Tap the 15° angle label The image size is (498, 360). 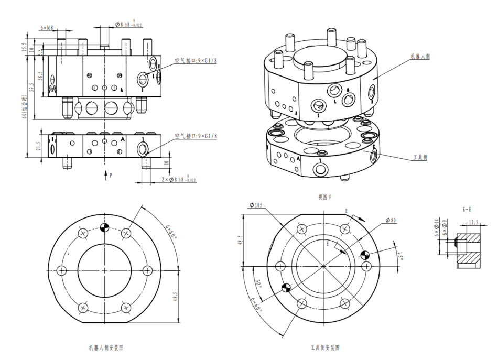pos(401,257)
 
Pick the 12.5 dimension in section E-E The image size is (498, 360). pos(473,222)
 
